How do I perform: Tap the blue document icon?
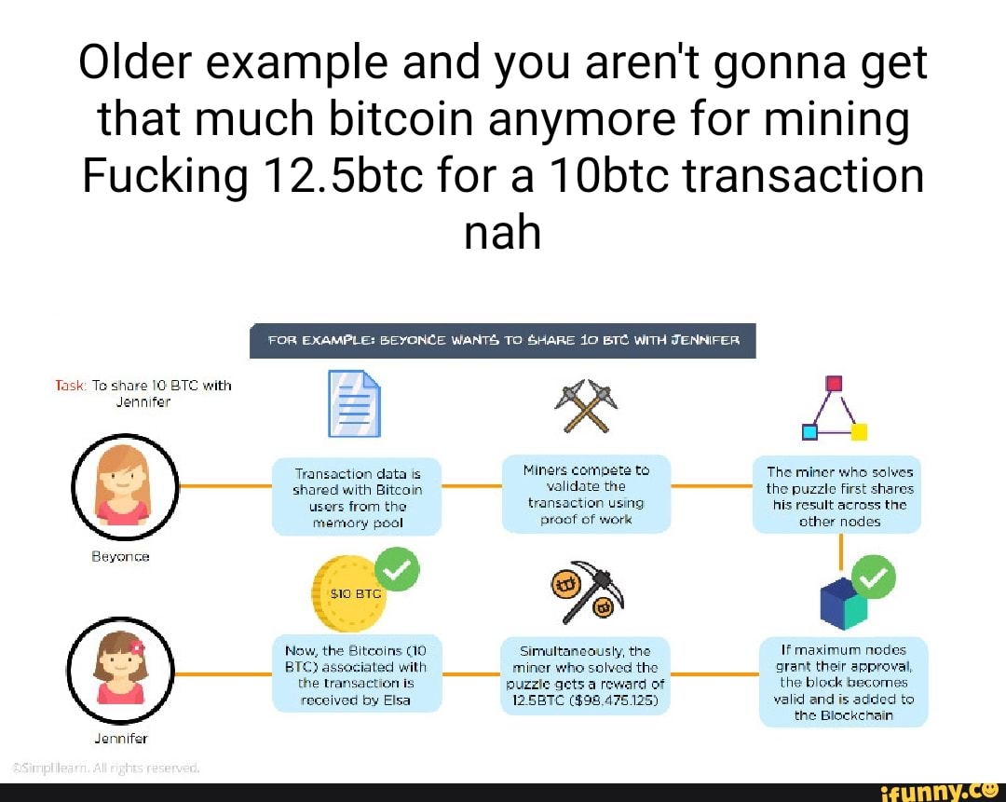click(x=353, y=403)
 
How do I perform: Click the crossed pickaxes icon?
click(x=586, y=405)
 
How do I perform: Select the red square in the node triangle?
click(x=834, y=383)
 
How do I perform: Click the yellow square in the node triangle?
click(x=859, y=431)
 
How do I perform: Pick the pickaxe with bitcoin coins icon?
click(x=587, y=591)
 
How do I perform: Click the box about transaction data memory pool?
click(x=356, y=497)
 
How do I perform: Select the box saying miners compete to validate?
click(x=586, y=495)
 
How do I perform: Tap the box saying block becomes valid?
click(x=843, y=681)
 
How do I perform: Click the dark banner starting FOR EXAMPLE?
click(x=503, y=341)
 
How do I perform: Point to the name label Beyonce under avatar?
click(x=123, y=556)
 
